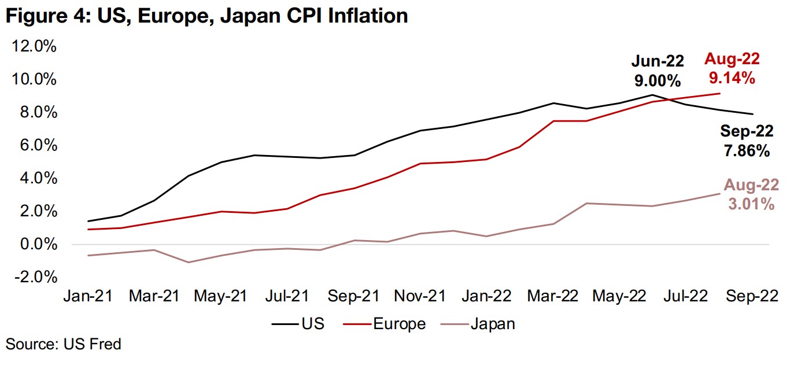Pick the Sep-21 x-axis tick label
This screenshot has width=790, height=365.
(354, 296)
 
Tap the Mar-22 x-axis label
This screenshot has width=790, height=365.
(553, 296)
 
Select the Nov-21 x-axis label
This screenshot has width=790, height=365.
(420, 296)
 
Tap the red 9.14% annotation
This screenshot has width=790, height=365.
(732, 77)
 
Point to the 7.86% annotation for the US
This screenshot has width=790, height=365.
(747, 152)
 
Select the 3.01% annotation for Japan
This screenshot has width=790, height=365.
(751, 204)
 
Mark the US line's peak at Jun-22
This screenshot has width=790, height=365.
(652, 95)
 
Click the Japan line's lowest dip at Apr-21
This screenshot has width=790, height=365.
(189, 263)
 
